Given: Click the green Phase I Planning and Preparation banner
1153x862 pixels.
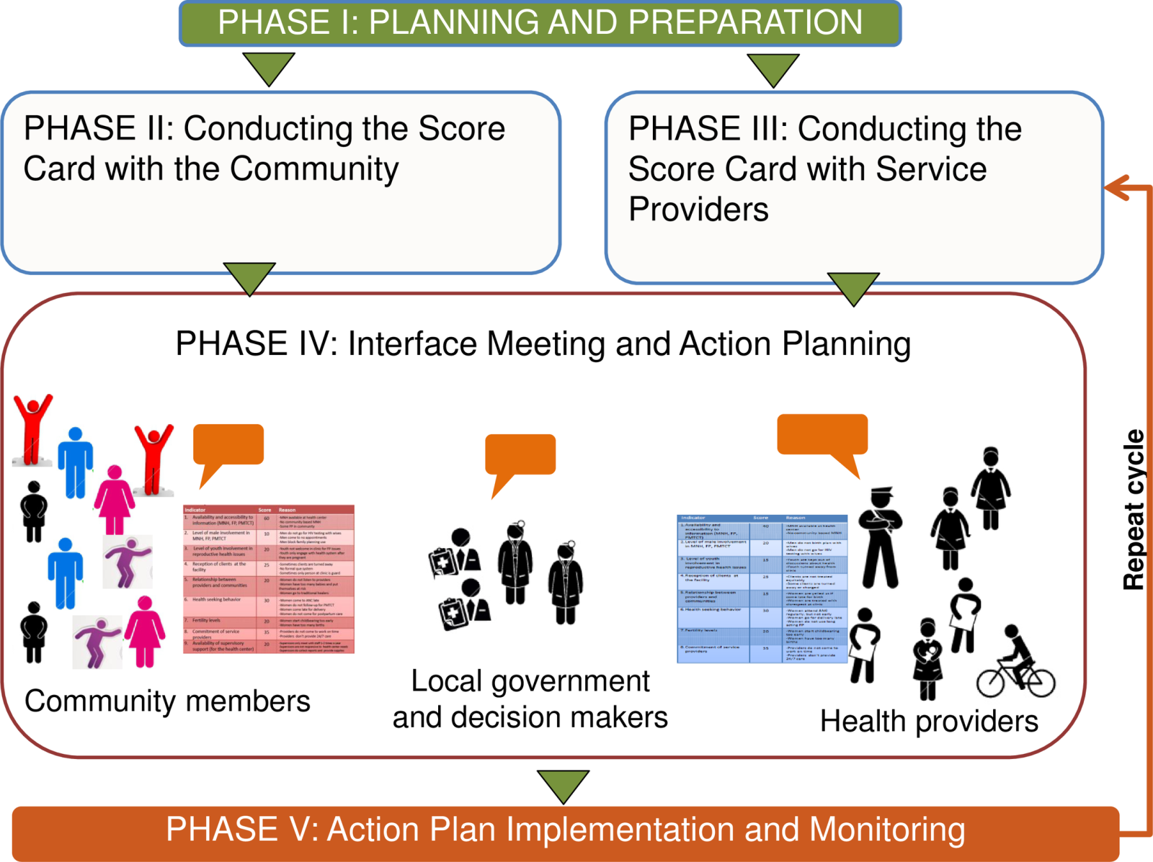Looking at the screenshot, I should pos(540,23).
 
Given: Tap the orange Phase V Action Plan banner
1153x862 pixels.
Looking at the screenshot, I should pos(565,830).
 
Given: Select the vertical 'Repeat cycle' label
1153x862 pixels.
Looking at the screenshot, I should pos(1134,509).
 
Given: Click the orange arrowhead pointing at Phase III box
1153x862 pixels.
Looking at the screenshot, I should pos(1116,188).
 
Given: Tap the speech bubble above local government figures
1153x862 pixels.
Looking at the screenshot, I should pos(520,457).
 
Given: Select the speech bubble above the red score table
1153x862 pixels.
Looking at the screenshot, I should pos(228,446).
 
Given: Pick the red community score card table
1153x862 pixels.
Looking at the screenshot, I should pos(269,580).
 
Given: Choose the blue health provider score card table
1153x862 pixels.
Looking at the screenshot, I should pos(762,588).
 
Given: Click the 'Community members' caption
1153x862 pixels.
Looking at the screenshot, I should pos(167,701).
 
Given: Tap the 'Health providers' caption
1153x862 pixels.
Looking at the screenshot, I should pos(929,721).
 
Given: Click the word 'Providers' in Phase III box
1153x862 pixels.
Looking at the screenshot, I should pos(698,210).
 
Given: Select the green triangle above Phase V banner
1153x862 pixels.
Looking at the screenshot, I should pos(563,785).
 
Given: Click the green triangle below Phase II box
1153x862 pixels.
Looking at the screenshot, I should pos(249,277).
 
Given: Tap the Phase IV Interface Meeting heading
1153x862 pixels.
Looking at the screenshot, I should pos(543,344).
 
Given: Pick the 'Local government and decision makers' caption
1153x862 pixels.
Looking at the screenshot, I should pos(530,699).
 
